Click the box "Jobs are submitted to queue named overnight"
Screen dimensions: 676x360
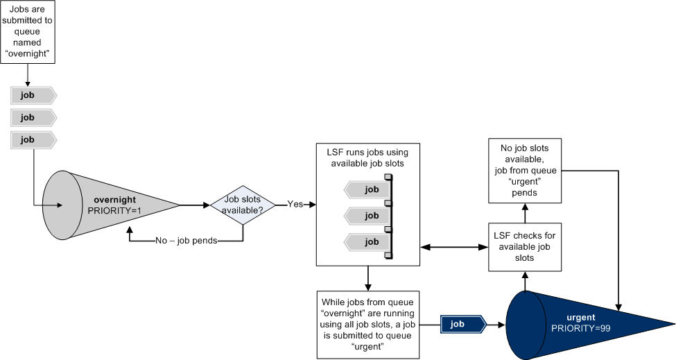(x=28, y=32)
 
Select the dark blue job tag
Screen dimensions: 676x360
(x=463, y=324)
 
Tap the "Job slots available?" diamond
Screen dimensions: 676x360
(x=243, y=205)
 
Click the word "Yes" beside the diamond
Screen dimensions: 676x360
(x=295, y=205)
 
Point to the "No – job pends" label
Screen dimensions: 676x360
(x=187, y=241)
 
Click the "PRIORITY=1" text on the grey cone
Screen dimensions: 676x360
(x=114, y=211)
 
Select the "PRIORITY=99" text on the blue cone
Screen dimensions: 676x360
(x=581, y=328)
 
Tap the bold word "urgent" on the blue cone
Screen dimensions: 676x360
(x=581, y=318)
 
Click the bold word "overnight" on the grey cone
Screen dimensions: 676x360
(x=114, y=200)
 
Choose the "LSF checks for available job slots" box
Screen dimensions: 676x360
(x=525, y=247)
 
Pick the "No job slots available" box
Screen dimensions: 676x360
(x=525, y=171)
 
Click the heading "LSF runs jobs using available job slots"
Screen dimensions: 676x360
(x=367, y=157)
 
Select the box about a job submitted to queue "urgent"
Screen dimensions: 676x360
(x=367, y=325)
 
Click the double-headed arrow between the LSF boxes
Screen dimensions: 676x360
(x=454, y=248)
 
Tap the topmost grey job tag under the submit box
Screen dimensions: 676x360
(x=33, y=95)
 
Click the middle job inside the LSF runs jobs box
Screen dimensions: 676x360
(x=367, y=216)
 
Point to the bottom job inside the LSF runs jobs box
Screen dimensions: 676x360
(x=367, y=242)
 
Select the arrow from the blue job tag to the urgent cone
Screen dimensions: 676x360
(x=496, y=325)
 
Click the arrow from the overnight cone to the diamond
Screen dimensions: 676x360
(x=195, y=205)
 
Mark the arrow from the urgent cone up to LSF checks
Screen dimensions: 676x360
(x=525, y=281)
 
